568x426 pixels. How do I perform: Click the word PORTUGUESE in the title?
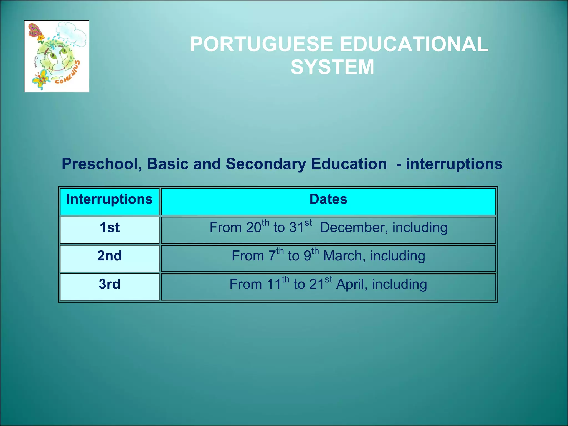click(x=261, y=45)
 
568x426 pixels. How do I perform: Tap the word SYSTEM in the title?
click(x=332, y=67)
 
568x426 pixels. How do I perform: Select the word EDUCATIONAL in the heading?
click(x=414, y=45)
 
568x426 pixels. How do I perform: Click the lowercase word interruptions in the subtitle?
click(x=454, y=164)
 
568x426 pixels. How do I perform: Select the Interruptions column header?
click(x=110, y=199)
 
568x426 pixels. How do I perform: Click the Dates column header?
click(x=328, y=199)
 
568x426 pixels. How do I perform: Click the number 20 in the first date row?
click(x=253, y=228)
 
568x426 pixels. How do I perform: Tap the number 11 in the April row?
click(x=274, y=285)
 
